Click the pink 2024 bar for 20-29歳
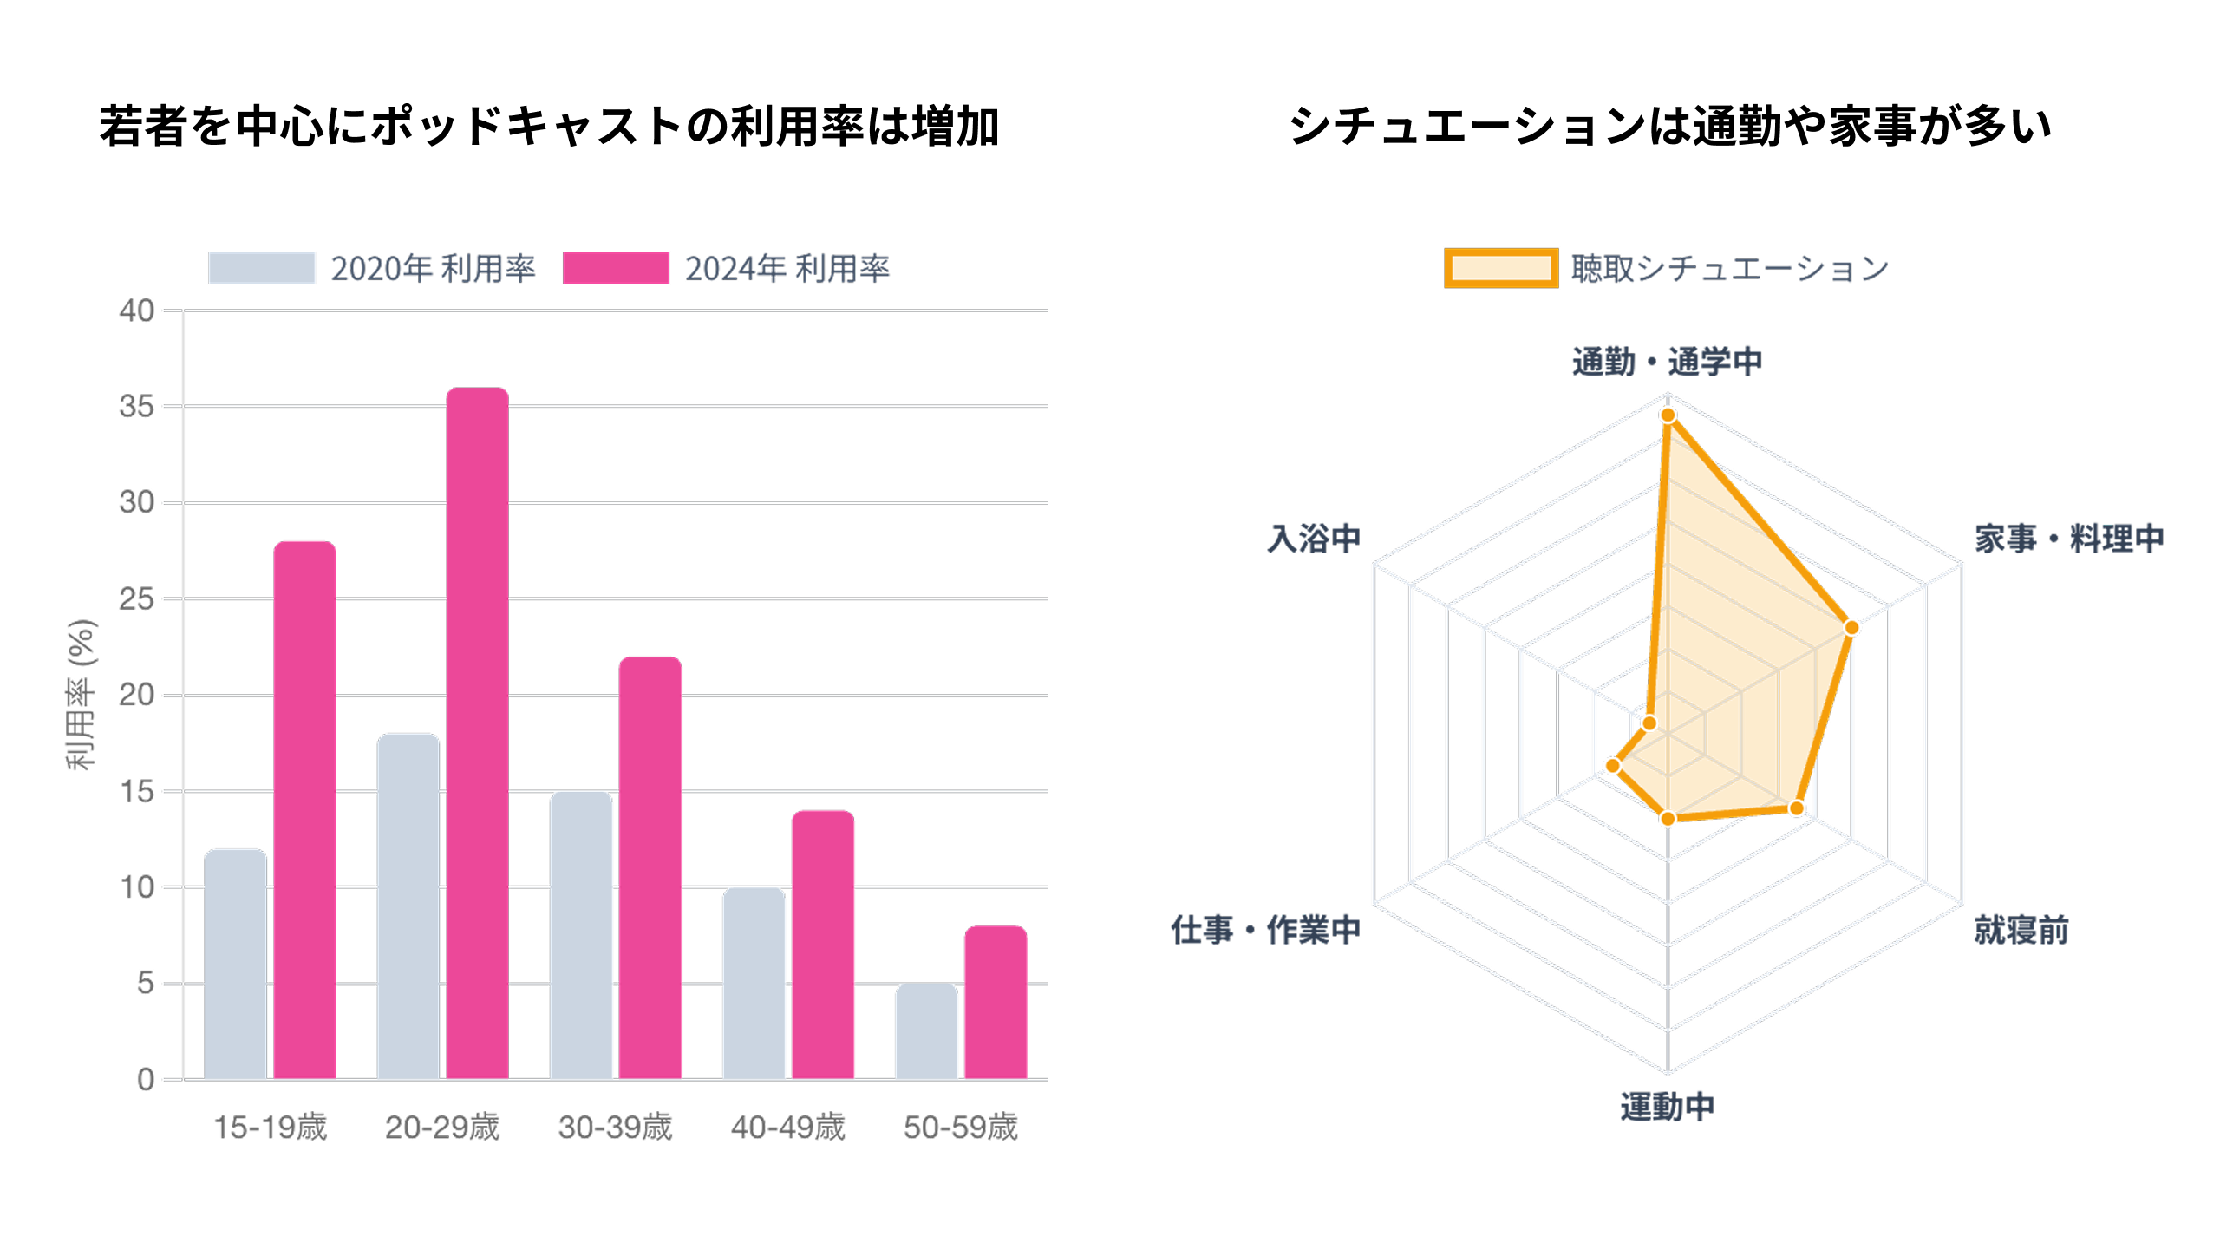pyautogui.click(x=477, y=733)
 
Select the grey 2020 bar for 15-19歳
pyautogui.click(x=235, y=964)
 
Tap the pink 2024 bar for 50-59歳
pyautogui.click(x=996, y=1003)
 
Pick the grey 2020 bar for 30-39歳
pyautogui.click(x=581, y=935)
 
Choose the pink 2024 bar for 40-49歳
pyautogui.click(x=823, y=945)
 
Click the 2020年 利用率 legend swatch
pyautogui.click(x=261, y=268)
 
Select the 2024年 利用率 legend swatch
pyautogui.click(x=616, y=268)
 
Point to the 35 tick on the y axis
pyautogui.click(x=137, y=406)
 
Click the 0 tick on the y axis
pyautogui.click(x=146, y=1080)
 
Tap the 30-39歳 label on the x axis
pyautogui.click(x=615, y=1127)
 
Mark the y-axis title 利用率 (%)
pyautogui.click(x=82, y=694)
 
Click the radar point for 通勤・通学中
pyautogui.click(x=1668, y=415)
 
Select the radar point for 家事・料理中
pyautogui.click(x=1851, y=627)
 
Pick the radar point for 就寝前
pyautogui.click(x=1796, y=808)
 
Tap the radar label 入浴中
pyautogui.click(x=1314, y=539)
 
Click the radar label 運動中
pyautogui.click(x=1667, y=1107)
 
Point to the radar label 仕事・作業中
pyautogui.click(x=1265, y=930)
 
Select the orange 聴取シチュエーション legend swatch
pyautogui.click(x=1500, y=268)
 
